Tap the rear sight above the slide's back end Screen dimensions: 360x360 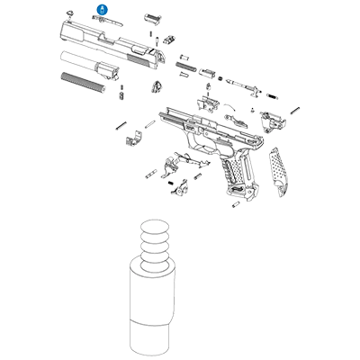click(152, 18)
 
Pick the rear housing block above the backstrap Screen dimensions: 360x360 click(269, 116)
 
